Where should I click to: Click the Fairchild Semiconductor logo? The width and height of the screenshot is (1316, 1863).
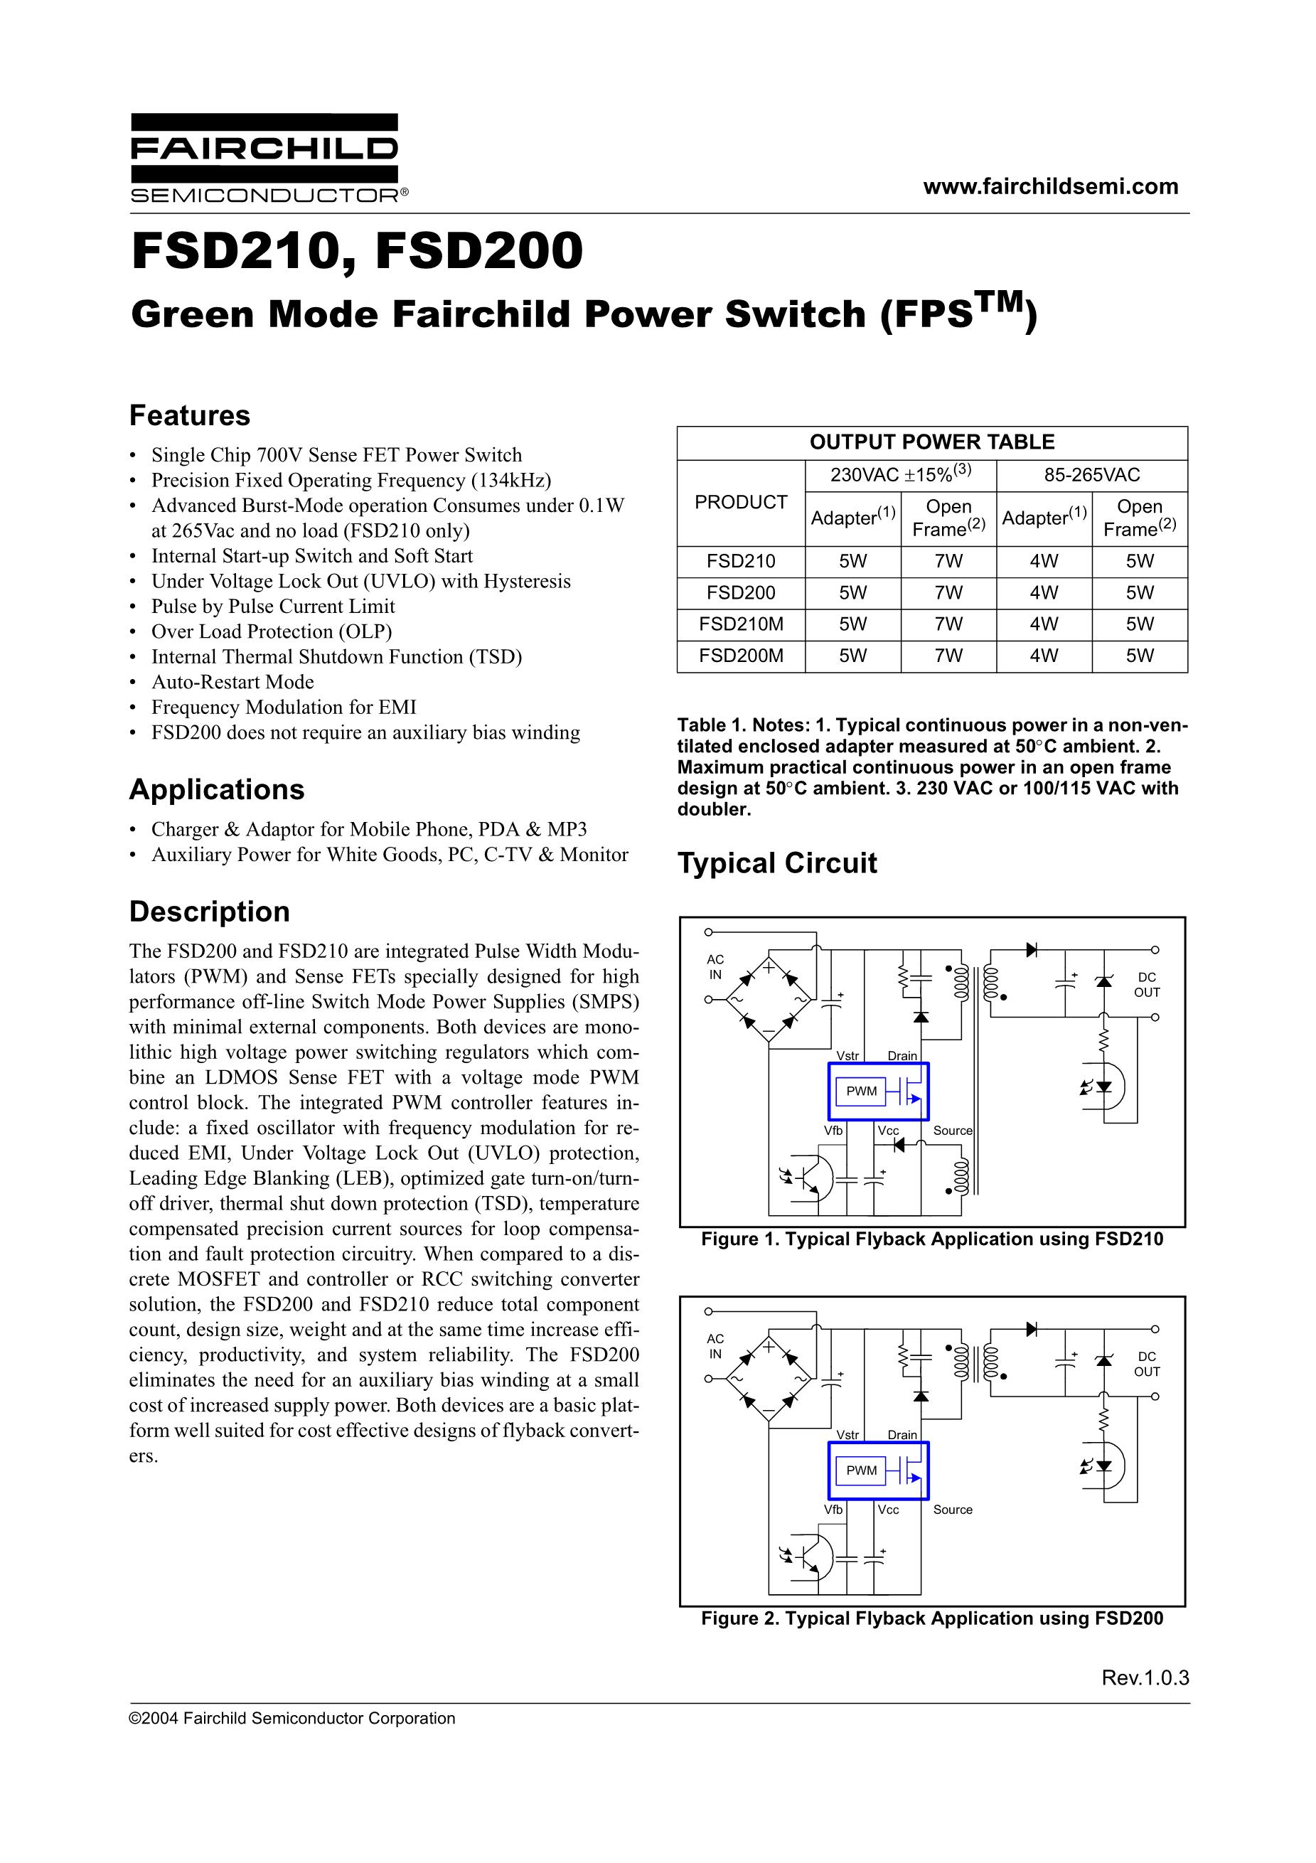point(264,159)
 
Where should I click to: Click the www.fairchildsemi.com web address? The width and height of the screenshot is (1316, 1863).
point(1050,186)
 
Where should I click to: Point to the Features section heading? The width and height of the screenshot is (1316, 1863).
point(190,415)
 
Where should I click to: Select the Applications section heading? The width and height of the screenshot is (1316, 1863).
point(217,789)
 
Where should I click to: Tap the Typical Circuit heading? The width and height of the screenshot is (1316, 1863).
point(776,863)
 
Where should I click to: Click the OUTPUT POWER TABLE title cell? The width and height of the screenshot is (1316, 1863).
point(931,442)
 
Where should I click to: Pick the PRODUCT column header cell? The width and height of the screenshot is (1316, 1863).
point(740,502)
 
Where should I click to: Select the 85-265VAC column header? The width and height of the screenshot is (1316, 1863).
point(1091,475)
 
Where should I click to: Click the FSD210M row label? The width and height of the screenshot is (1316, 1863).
point(740,624)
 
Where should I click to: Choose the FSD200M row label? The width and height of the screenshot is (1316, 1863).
point(740,656)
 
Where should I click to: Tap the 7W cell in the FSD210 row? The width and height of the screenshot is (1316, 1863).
point(948,561)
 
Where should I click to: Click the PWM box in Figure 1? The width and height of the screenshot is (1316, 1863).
point(861,1091)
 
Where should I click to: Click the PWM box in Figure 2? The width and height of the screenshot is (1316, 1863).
point(861,1470)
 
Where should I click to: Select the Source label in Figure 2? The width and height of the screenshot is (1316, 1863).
point(952,1509)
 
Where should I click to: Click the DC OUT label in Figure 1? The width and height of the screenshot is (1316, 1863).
point(1146,984)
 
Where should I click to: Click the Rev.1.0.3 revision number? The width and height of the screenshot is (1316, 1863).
point(1145,1678)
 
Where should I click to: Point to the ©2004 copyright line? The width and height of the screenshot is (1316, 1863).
point(292,1719)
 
